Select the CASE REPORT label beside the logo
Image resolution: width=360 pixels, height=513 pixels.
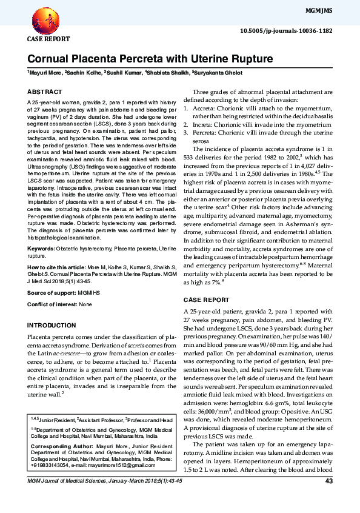(48, 39)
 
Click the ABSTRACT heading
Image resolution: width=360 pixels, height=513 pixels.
(44, 92)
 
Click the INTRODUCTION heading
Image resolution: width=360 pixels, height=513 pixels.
(52, 325)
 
